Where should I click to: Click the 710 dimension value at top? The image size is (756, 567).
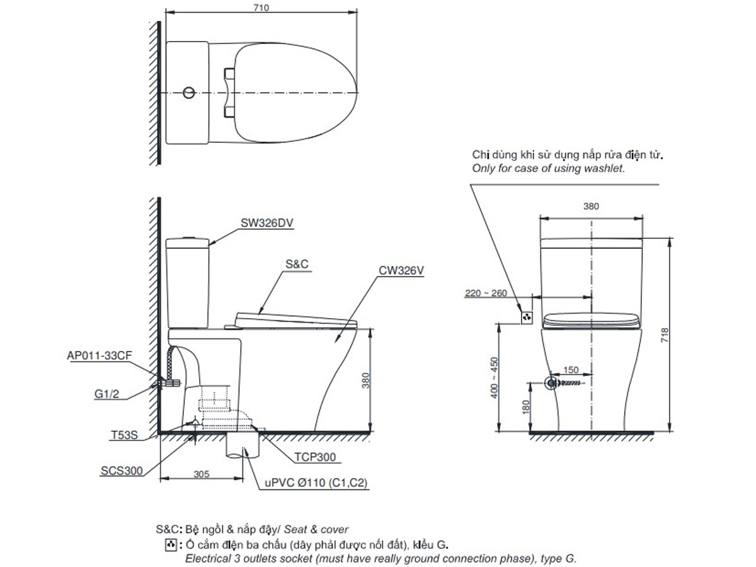tap(261, 7)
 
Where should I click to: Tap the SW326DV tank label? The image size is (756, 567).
tap(267, 223)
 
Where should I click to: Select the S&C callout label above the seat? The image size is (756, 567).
tap(297, 264)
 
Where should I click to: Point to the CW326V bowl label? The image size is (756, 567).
tap(401, 271)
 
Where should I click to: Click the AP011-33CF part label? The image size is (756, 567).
tap(99, 355)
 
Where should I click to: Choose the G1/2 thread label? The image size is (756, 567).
tap(106, 394)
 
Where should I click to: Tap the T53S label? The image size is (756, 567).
tap(124, 435)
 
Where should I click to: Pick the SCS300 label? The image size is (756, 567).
tap(122, 471)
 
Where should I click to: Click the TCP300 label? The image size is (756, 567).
tap(315, 457)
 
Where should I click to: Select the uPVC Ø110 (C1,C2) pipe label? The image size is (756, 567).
tap(316, 483)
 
